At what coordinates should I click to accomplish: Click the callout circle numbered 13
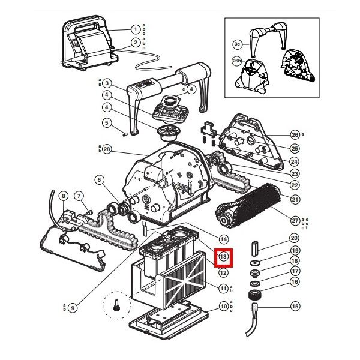pyautogui.click(x=223, y=256)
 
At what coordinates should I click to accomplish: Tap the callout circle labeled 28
pyautogui.click(x=107, y=148)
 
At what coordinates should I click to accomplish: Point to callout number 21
pyautogui.click(x=295, y=199)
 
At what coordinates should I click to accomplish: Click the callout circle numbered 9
pyautogui.click(x=72, y=308)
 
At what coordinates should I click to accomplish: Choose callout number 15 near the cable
pyautogui.click(x=295, y=306)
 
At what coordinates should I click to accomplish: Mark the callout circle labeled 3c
pyautogui.click(x=238, y=44)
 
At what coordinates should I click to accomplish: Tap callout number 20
pyautogui.click(x=295, y=238)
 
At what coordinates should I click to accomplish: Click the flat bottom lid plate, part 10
pyautogui.click(x=171, y=316)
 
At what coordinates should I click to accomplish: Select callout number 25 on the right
pyautogui.click(x=295, y=148)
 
